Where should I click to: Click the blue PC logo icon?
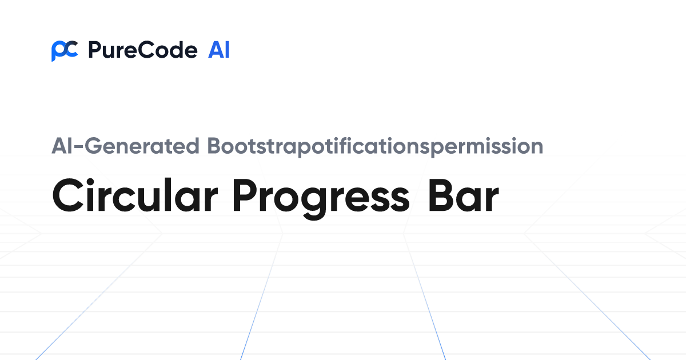[64, 51]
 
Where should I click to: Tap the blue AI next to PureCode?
[219, 50]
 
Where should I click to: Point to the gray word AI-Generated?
[125, 147]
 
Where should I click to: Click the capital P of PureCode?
[94, 51]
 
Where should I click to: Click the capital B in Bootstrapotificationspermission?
[213, 146]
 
